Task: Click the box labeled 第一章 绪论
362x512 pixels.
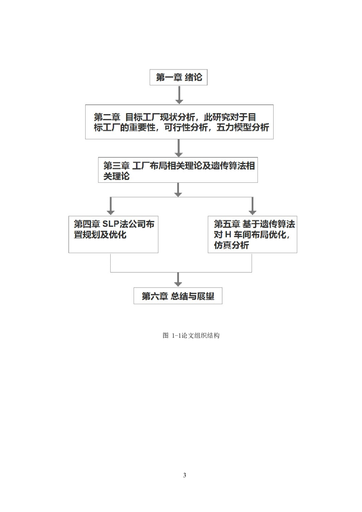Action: [x=178, y=77]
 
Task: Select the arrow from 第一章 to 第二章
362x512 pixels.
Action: [x=179, y=95]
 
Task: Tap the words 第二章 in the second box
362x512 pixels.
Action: [x=107, y=117]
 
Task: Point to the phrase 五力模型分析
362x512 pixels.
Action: [x=243, y=128]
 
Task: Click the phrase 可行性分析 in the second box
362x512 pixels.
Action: [x=186, y=128]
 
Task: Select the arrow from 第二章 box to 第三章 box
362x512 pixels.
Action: [x=178, y=148]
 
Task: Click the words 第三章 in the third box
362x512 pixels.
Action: [x=116, y=166]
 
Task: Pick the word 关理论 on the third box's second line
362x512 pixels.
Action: [x=116, y=176]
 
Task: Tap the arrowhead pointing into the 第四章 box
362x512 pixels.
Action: [x=110, y=213]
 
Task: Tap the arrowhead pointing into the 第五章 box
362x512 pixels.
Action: [x=252, y=213]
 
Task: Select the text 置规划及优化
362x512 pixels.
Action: [x=100, y=235]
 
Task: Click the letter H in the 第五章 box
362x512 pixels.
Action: [x=228, y=235]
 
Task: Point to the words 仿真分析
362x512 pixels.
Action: [x=231, y=245]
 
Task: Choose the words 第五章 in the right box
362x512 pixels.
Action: [x=227, y=224]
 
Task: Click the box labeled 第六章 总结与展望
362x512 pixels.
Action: [x=178, y=296]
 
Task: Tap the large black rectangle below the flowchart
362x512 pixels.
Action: [x=184, y=399]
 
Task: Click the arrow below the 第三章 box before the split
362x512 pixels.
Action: [x=178, y=190]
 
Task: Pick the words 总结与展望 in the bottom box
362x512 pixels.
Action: [x=193, y=296]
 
